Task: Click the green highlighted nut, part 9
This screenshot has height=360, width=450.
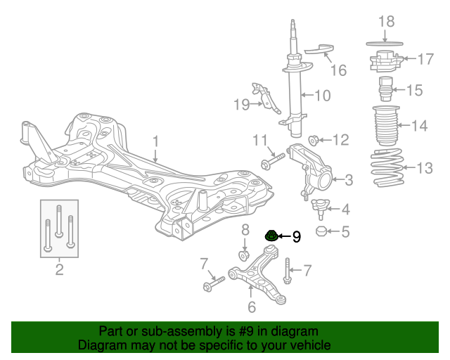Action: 271,236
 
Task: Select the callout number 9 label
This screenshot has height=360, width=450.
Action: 296,237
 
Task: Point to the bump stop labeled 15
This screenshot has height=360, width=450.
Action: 385,89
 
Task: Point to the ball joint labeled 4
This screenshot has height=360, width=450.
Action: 320,206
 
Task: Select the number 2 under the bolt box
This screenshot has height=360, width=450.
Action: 59,269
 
